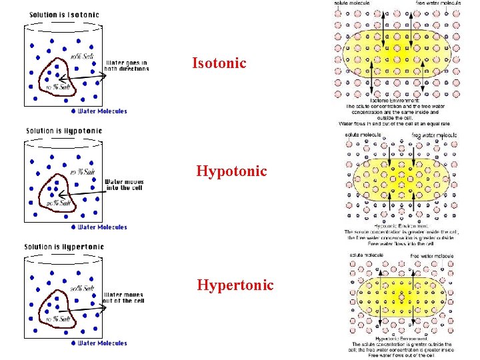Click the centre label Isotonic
tap(219, 63)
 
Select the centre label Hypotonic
tap(231, 171)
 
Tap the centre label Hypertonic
tap(235, 285)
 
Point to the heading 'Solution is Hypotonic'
tap(64, 131)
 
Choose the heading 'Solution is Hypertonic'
tap(64, 247)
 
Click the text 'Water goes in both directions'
tap(126, 66)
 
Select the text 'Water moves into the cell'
tap(124, 184)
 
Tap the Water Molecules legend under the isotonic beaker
tap(100, 111)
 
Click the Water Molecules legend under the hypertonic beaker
tap(100, 343)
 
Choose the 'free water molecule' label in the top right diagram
tap(438, 3)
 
